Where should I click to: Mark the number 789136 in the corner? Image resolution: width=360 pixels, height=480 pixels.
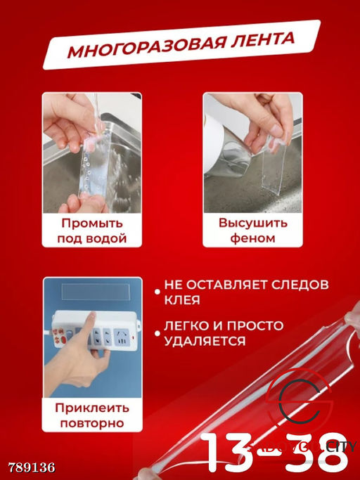(x=31, y=467)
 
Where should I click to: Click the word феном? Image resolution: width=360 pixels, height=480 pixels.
(x=252, y=238)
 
